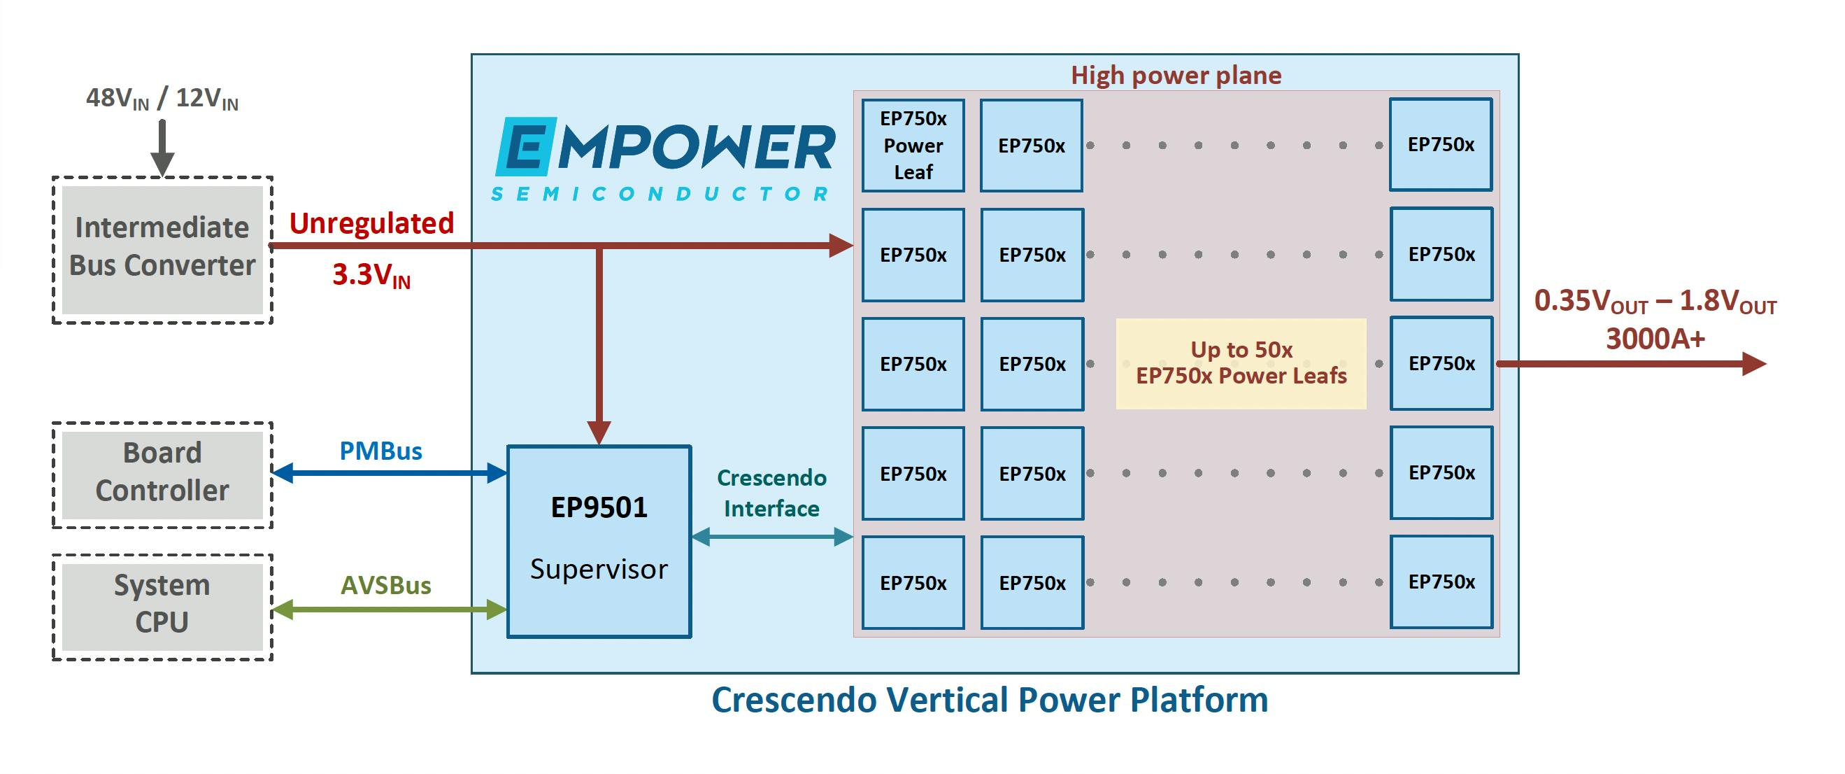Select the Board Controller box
click(162, 474)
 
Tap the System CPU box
click(162, 605)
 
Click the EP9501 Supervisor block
click(599, 541)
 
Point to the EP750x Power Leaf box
click(913, 146)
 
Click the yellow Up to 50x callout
click(1241, 363)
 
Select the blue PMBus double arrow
click(390, 473)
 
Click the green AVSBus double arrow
click(390, 610)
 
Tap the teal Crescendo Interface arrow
click(772, 537)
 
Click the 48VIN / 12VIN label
click(162, 99)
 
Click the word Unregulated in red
click(371, 224)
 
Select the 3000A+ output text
click(1655, 339)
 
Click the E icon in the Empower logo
click(526, 147)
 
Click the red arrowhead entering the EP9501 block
click(599, 432)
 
